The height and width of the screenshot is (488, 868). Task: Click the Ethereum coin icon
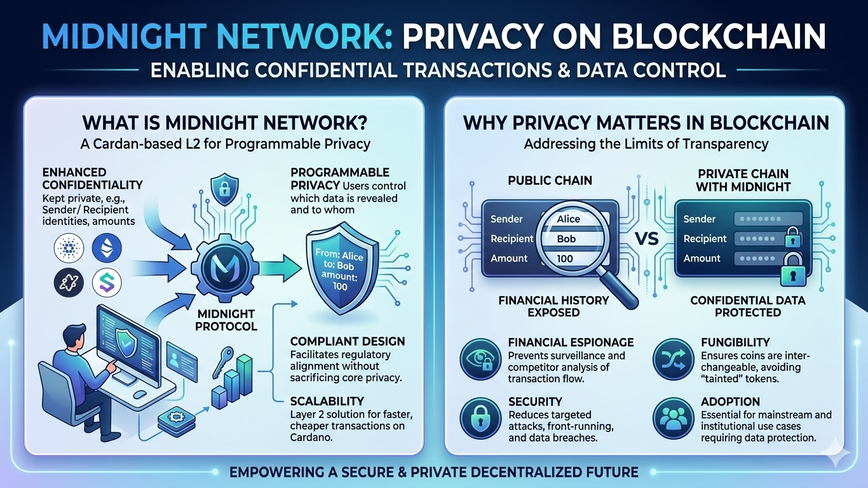pos(106,248)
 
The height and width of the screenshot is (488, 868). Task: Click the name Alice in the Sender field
pos(568,219)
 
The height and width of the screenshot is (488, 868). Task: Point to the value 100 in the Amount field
pos(564,259)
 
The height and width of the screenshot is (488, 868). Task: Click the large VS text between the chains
pos(647,240)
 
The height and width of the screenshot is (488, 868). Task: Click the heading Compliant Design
pos(347,342)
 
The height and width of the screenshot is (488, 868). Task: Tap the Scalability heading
pos(327,401)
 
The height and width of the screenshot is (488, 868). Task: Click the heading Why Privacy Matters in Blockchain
pos(646,122)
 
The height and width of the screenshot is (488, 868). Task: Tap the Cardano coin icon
pos(67,248)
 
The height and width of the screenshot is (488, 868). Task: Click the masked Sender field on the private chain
pos(768,219)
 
